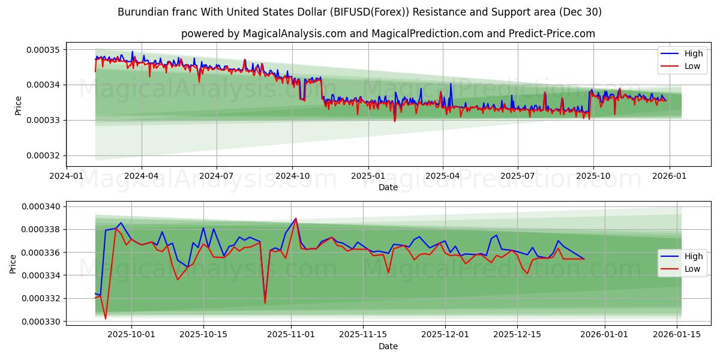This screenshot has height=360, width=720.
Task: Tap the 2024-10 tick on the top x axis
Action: pos(292,176)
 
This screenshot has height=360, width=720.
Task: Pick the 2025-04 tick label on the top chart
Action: pos(443,176)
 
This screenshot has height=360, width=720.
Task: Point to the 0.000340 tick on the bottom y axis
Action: pos(40,206)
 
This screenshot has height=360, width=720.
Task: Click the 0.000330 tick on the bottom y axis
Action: pos(40,322)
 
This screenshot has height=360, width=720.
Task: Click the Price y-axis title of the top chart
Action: pos(17,106)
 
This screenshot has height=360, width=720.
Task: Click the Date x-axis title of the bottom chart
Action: pos(388,346)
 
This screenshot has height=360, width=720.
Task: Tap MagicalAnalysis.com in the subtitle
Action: pos(294,34)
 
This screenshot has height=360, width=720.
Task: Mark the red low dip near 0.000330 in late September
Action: pos(106,319)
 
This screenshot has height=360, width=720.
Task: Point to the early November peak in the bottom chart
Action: pos(295,218)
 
